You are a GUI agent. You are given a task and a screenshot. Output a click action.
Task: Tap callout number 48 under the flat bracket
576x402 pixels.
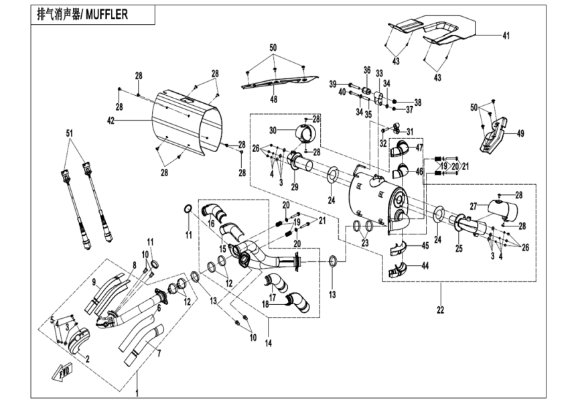pyautogui.click(x=273, y=98)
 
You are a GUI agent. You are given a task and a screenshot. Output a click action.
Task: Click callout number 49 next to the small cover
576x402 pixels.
pyautogui.click(x=519, y=133)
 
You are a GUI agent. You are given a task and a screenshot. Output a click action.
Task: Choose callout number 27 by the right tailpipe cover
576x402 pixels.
pyautogui.click(x=473, y=208)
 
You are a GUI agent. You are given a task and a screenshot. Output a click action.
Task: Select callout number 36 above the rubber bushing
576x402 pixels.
pyautogui.click(x=366, y=70)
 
